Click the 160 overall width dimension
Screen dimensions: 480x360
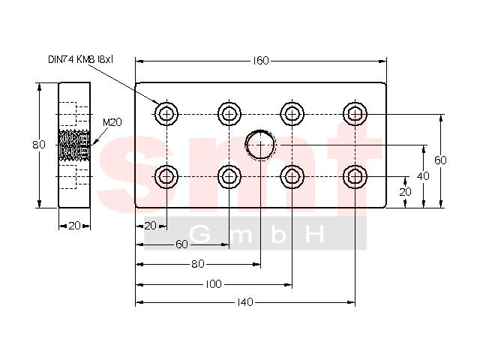tap(261, 61)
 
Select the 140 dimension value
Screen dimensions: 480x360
tap(245, 302)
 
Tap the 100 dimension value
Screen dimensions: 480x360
tap(213, 284)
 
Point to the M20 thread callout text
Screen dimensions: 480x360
tap(112, 122)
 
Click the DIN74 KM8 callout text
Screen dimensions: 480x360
tap(80, 59)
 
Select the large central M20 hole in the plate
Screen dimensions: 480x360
tap(260, 144)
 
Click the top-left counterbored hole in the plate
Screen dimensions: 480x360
tap(166, 114)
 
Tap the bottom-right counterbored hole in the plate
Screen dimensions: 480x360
tap(355, 177)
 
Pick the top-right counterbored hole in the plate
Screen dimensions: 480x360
tap(355, 114)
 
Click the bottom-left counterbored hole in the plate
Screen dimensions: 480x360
tap(166, 177)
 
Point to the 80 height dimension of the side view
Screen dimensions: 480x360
tap(39, 145)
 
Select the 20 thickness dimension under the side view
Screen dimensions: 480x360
tap(74, 226)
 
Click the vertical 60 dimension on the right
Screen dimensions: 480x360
tap(440, 160)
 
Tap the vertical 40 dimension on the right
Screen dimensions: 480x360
tap(423, 176)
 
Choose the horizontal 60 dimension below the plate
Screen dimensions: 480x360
tap(181, 244)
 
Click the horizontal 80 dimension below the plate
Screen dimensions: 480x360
tap(198, 264)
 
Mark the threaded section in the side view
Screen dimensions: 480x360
tap(74, 145)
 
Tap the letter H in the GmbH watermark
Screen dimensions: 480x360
tap(316, 235)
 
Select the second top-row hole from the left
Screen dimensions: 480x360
tap(229, 114)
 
